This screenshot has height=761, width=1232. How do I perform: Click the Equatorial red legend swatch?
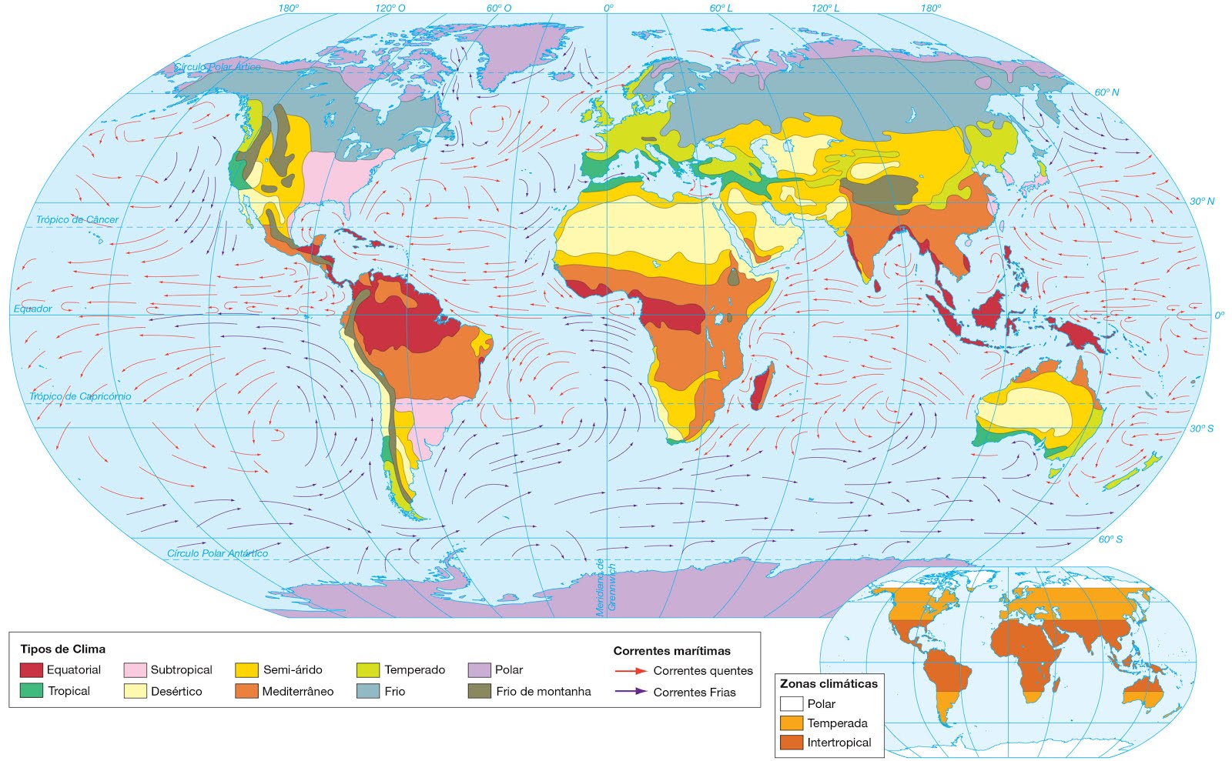click(31, 669)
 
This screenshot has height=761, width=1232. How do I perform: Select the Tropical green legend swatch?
click(31, 691)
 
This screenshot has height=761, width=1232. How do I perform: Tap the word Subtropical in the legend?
click(181, 669)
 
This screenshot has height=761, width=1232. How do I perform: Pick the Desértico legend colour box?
click(135, 691)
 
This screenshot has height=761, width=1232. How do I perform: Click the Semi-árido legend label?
click(293, 669)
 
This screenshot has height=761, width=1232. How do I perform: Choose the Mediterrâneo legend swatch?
click(246, 691)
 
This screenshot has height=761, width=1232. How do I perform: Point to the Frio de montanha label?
click(543, 691)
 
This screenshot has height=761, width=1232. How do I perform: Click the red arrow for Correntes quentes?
click(630, 671)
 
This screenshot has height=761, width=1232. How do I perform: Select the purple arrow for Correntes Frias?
click(630, 692)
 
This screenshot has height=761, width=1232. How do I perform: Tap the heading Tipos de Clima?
click(62, 649)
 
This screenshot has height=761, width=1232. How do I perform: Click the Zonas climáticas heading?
click(829, 683)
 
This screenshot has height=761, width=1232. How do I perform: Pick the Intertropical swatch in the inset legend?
click(792, 743)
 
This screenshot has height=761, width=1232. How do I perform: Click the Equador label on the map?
click(33, 309)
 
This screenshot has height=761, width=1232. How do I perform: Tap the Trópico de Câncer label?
click(77, 219)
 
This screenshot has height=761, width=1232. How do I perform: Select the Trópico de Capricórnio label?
click(80, 396)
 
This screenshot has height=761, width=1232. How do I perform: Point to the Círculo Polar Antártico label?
click(217, 553)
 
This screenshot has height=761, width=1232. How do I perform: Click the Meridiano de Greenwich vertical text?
click(606, 586)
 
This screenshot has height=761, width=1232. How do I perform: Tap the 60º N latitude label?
click(1106, 92)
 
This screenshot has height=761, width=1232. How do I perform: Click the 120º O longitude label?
click(390, 8)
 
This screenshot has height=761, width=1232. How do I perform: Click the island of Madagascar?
click(761, 388)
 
